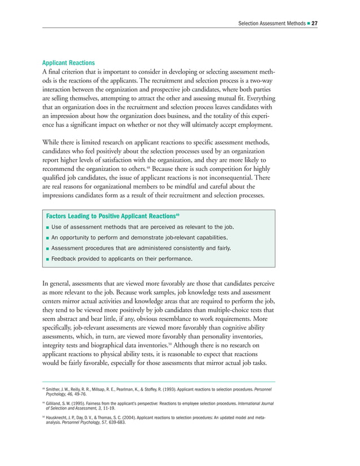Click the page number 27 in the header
tap(315, 23)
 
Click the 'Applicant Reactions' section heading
tap(68, 63)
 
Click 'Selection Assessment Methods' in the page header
tap(271, 23)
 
